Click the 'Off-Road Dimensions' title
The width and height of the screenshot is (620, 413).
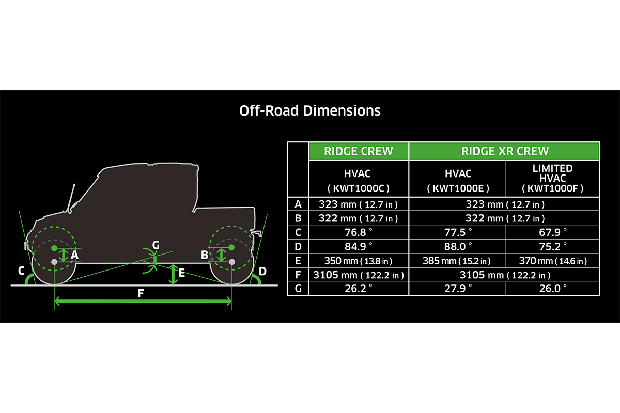(310, 110)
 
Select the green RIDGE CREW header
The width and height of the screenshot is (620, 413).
(358, 151)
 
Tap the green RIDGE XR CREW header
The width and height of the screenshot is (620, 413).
(504, 151)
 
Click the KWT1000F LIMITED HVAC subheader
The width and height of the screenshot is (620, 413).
(552, 178)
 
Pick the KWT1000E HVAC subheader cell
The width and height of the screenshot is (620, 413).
(457, 178)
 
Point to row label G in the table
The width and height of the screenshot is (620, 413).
(298, 288)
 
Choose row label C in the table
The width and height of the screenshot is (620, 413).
(298, 232)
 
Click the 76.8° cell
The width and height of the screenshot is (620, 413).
(358, 232)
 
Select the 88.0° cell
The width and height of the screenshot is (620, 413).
(457, 246)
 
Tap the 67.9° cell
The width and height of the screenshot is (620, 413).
(552, 232)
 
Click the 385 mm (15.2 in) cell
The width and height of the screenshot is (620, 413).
(457, 261)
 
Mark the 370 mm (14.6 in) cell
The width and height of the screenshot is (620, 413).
(552, 261)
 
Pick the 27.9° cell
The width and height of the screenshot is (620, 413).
(457, 288)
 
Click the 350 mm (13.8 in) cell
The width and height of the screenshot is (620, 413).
(358, 261)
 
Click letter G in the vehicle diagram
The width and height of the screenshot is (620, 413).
(156, 244)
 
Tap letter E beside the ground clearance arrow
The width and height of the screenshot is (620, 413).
(181, 273)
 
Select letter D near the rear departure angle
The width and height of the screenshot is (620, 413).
(262, 271)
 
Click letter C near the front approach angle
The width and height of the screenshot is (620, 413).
(21, 271)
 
